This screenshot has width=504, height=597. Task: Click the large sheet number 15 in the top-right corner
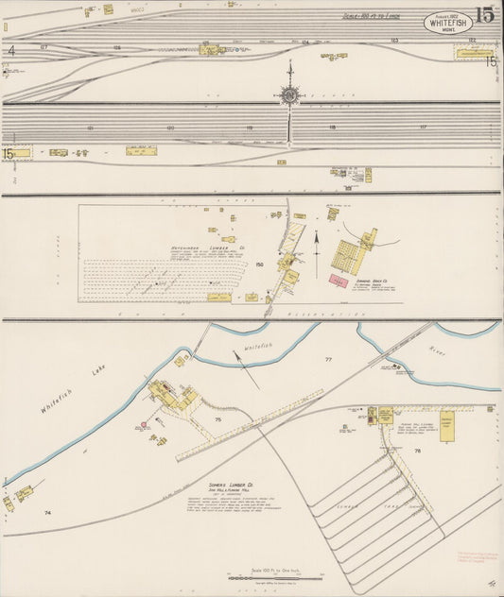click(x=484, y=14)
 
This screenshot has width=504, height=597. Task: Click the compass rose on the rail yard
click(x=288, y=94)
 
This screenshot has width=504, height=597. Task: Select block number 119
click(x=251, y=127)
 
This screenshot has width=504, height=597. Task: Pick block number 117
click(x=423, y=127)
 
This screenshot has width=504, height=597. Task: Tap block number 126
click(x=117, y=46)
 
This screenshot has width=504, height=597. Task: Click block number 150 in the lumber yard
click(x=259, y=265)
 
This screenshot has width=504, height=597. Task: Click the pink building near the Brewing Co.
click(x=338, y=281)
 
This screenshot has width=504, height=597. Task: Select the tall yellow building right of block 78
click(x=446, y=426)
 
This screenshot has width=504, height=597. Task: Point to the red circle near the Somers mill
click(x=144, y=424)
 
